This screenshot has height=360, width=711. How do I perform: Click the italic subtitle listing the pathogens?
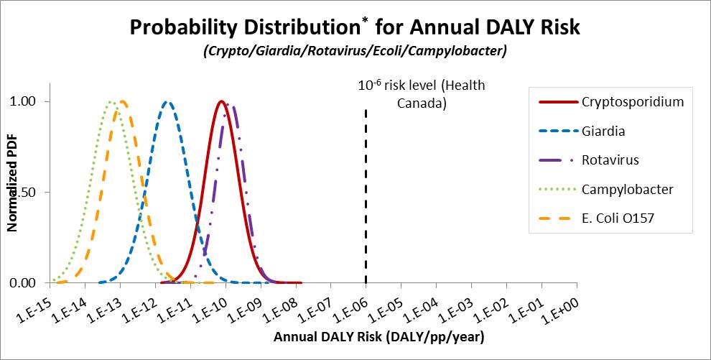click(x=355, y=52)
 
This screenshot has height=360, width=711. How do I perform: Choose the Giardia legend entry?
click(x=603, y=131)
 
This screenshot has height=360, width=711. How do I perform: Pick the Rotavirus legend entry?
click(x=610, y=160)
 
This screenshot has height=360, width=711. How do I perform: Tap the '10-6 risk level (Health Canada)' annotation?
click(x=422, y=94)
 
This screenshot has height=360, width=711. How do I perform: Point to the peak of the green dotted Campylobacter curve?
click(x=111, y=102)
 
